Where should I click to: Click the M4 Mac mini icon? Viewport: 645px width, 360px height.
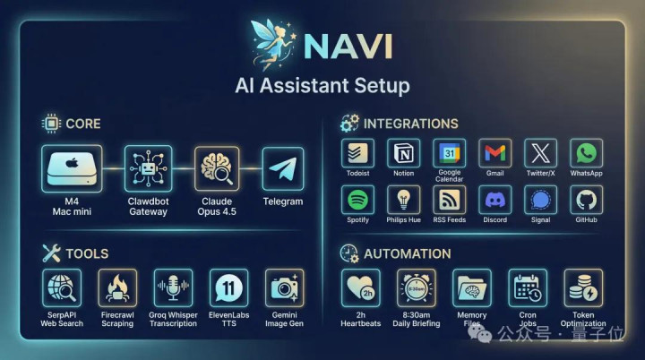[72, 168]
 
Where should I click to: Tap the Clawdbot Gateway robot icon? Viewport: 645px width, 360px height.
[148, 168]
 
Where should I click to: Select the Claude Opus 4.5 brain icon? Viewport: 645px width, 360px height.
[217, 168]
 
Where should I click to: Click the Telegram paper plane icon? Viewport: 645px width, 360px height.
[283, 169]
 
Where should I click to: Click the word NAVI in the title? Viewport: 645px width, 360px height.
[348, 47]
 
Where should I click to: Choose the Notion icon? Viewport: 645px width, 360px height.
[403, 153]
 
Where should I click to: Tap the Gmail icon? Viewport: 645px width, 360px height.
[494, 153]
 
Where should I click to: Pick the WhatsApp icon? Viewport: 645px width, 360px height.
[586, 153]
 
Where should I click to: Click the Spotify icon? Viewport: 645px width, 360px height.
[357, 200]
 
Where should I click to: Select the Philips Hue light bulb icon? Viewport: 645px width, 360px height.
[403, 200]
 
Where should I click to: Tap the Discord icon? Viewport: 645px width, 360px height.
[494, 200]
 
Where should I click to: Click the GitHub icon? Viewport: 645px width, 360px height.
[586, 200]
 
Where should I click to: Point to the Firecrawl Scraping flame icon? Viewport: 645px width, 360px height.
[117, 288]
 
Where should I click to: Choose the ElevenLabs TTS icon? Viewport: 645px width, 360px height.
[228, 288]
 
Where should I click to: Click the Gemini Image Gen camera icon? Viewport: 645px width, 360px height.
[284, 288]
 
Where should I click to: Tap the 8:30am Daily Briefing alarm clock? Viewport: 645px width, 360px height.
[417, 288]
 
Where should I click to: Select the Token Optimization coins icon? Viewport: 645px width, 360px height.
[583, 288]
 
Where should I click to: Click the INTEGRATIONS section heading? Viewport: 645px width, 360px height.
[410, 124]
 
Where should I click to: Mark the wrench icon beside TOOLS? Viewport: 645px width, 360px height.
[51, 253]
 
